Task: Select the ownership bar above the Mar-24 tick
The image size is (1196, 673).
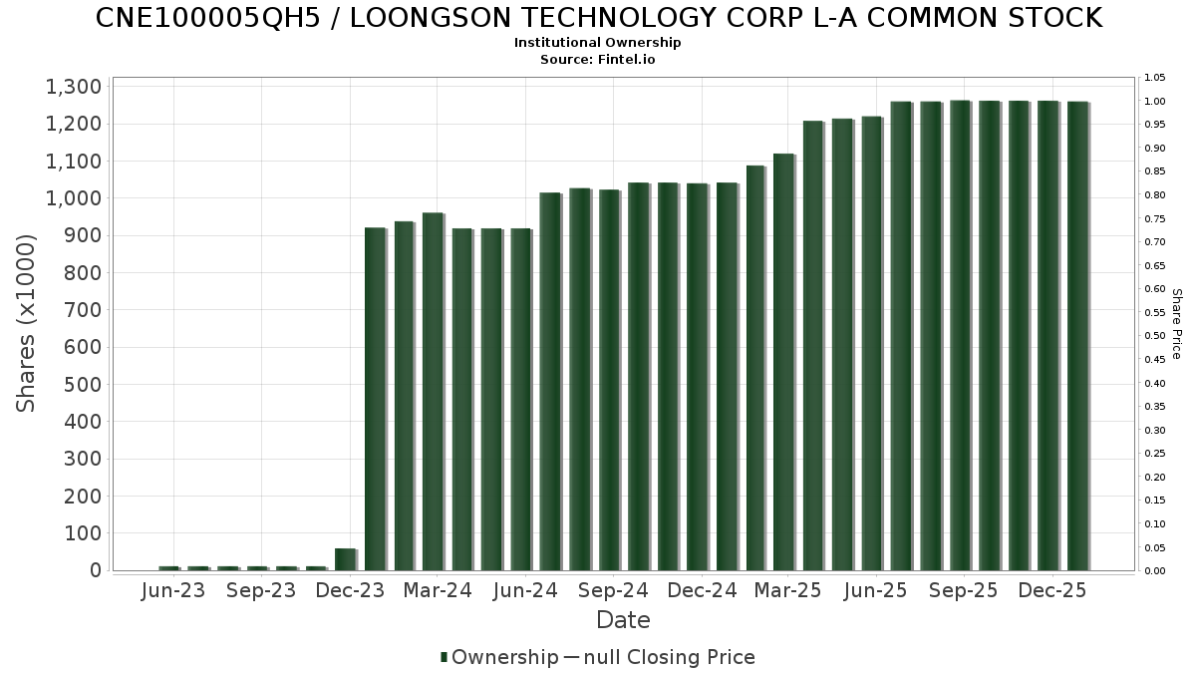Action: [433, 391]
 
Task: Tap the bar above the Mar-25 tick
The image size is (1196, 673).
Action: [783, 361]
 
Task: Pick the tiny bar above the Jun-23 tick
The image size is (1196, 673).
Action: [168, 568]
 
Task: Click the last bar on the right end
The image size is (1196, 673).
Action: [1076, 335]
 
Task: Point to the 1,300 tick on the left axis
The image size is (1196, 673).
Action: [73, 87]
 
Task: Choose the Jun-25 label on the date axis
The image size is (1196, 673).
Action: [875, 591]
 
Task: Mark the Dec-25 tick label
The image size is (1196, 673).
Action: [1051, 591]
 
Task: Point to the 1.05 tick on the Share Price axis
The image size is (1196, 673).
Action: [1155, 78]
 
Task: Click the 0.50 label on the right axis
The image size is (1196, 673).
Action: [1155, 336]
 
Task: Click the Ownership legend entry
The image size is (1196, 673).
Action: [499, 657]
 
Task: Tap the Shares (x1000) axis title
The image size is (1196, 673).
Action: [27, 323]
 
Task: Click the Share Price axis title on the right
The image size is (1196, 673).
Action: [1176, 324]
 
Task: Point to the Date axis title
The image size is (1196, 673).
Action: [623, 620]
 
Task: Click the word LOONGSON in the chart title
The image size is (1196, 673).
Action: [395, 18]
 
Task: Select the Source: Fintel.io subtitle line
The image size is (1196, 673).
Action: [598, 60]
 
